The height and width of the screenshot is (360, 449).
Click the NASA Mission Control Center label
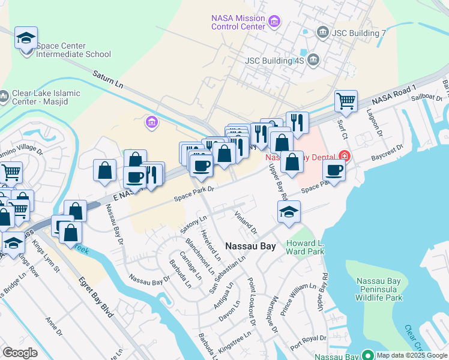238,22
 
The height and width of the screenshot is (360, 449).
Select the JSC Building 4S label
276,60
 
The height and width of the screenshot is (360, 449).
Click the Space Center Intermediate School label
73,50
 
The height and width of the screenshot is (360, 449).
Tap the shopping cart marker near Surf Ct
346,101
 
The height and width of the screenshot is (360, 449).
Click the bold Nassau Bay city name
250,246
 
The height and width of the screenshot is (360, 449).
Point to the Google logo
20,352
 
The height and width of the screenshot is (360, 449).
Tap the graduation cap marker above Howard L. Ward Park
289,212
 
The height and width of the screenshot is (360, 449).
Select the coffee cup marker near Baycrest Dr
334,169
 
